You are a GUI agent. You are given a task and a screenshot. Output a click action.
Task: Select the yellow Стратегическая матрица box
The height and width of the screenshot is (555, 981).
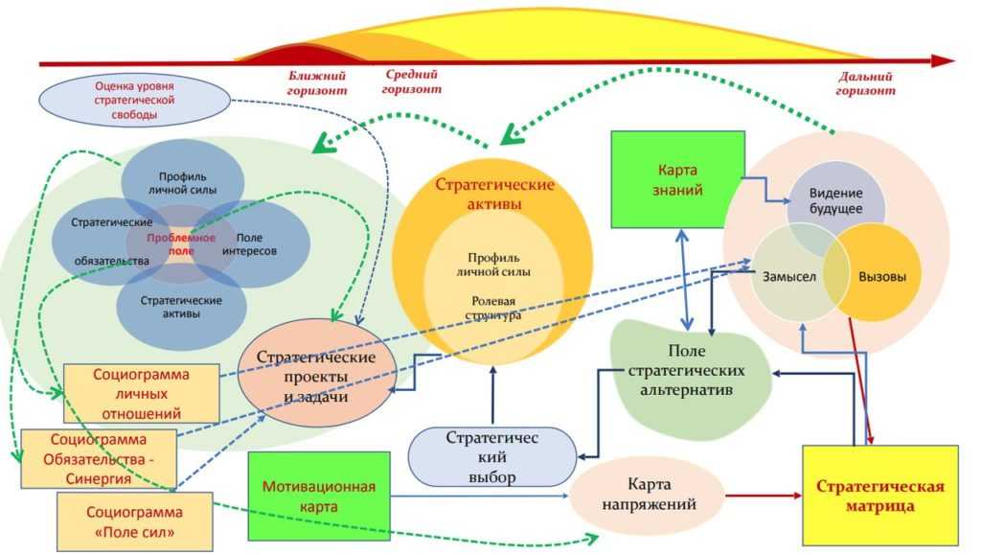pos(879,495)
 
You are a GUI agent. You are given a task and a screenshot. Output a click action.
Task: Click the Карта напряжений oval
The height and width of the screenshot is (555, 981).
pos(648,495)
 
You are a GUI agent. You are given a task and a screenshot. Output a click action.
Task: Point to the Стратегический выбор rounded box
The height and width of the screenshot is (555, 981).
pos(492,456)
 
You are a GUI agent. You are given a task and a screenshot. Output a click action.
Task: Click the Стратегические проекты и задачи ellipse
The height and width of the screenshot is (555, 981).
pos(314,377)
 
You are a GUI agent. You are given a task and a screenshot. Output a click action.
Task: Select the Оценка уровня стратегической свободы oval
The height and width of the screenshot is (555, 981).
pos(133,99)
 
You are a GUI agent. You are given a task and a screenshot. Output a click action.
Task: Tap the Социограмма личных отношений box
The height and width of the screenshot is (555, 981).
pos(141,393)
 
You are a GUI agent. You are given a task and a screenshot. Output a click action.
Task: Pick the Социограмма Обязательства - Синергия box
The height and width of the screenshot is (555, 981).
pos(99,458)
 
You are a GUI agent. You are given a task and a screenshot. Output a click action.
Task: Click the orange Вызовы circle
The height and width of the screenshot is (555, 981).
pos(882,276)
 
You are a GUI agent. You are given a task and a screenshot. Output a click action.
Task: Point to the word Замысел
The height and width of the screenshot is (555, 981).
pos(788,276)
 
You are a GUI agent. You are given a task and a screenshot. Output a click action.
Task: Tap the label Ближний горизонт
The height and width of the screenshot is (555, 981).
pos(316,82)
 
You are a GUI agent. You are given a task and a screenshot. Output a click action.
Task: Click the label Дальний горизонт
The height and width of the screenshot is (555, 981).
pos(865,83)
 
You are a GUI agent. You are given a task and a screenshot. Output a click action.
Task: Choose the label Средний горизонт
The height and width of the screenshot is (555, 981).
pos(412,81)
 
